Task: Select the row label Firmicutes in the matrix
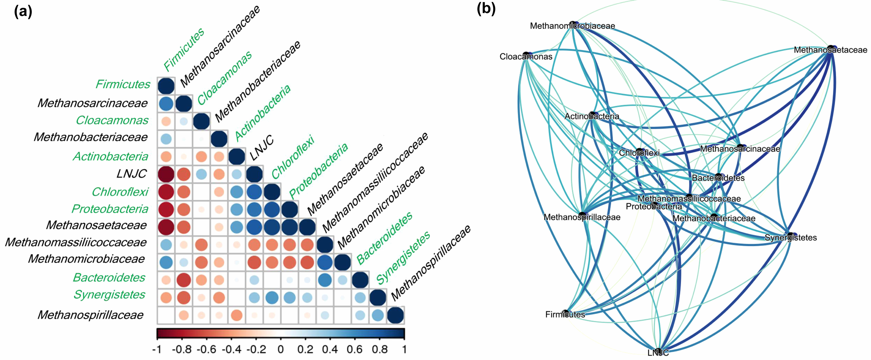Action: tap(123, 84)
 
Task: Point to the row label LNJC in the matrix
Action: tap(131, 174)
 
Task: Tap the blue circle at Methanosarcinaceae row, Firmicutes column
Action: tap(166, 104)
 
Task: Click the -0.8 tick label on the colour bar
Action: tap(181, 349)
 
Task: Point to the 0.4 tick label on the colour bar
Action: tap(330, 349)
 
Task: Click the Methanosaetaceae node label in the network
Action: tap(830, 50)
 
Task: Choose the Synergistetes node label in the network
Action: tap(791, 238)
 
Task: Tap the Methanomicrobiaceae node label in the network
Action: tap(572, 26)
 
